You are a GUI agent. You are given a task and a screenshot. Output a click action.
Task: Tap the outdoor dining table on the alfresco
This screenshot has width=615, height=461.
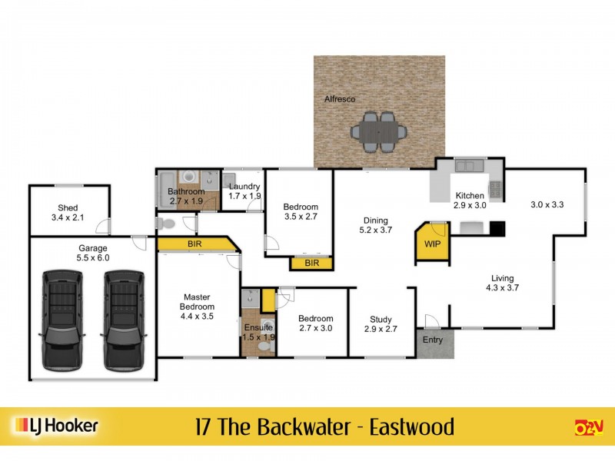pos(378,132)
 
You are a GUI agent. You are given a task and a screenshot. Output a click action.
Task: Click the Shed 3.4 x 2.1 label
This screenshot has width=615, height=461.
pos(68,213)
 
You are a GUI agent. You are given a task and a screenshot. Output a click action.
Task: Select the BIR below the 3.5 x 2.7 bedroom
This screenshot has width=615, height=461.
pos(311,263)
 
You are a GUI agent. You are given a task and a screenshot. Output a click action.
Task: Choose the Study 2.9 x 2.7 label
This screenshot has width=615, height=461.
pos(381,324)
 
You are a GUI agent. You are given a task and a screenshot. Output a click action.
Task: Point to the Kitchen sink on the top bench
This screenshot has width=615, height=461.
pos(465,165)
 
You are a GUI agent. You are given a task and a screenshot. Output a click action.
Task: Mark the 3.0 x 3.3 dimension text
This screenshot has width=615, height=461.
pos(547,205)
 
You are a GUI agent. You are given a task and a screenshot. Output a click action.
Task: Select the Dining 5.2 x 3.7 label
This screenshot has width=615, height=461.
pos(376,225)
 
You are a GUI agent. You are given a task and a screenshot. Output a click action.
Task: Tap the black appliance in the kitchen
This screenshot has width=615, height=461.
pos(497,227)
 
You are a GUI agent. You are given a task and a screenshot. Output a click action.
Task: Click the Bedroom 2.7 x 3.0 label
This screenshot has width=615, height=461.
pos(316,323)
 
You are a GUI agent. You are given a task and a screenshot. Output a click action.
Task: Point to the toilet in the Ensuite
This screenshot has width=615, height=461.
pos(264,347)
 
